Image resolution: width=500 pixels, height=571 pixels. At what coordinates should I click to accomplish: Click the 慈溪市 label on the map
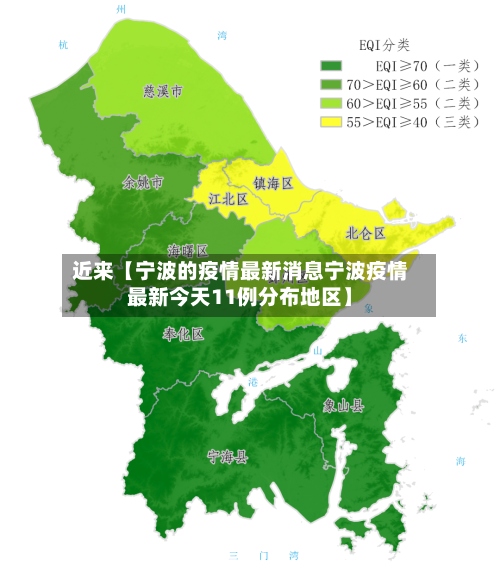click(x=163, y=91)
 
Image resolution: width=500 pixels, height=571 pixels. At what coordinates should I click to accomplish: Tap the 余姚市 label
click(x=142, y=183)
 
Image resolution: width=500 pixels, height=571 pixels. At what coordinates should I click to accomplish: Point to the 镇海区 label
click(x=272, y=183)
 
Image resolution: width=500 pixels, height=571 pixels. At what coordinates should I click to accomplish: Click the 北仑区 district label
click(x=365, y=232)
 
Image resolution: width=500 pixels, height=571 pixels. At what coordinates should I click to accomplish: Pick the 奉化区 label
click(x=183, y=333)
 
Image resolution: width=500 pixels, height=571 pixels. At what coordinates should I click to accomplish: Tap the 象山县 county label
click(x=343, y=406)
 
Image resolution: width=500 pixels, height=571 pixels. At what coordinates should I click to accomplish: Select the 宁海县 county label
click(x=227, y=456)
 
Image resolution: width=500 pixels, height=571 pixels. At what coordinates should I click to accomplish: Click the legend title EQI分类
click(x=384, y=45)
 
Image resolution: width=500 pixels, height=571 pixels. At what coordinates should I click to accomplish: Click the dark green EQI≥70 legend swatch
click(x=331, y=66)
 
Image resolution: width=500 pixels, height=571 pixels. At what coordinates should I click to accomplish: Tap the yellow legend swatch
click(x=331, y=121)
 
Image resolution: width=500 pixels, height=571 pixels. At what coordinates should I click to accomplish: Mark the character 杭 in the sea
click(x=64, y=45)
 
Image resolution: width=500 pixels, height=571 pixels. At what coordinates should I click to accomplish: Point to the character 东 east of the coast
click(x=462, y=339)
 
